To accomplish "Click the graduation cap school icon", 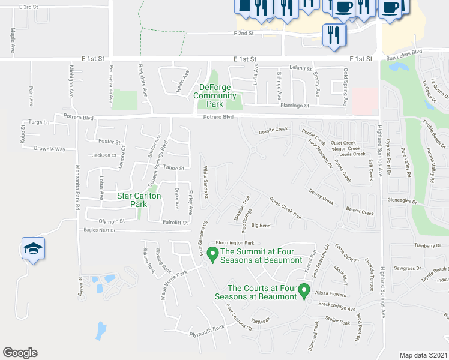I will coord(33,248).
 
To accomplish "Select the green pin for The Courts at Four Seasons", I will coord(304,291).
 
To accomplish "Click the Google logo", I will coord(20,353).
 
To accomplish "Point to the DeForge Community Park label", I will coord(218,95).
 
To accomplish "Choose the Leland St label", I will coord(300,68).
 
